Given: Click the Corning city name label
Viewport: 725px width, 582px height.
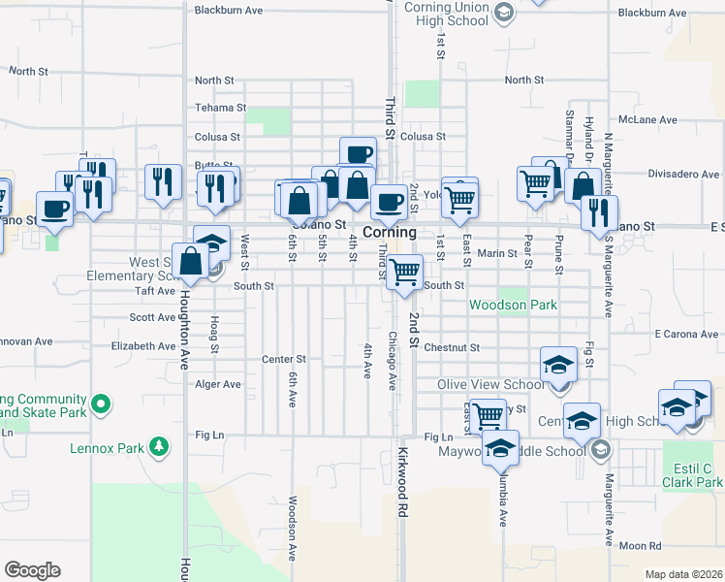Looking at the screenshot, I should pyautogui.click(x=390, y=233).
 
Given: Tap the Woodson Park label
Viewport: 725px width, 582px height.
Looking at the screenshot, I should pyautogui.click(x=513, y=305).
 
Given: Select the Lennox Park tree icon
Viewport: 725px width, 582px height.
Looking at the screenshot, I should pyautogui.click(x=158, y=447).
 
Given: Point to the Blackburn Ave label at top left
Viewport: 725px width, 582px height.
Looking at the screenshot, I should pyautogui.click(x=229, y=10).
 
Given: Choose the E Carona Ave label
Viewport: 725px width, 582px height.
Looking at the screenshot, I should pyautogui.click(x=685, y=334).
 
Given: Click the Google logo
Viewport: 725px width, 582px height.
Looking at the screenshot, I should pyautogui.click(x=32, y=570).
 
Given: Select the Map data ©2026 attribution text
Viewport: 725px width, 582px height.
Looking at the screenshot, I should pyautogui.click(x=683, y=574).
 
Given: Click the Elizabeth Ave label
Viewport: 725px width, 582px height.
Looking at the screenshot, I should pyautogui.click(x=143, y=345).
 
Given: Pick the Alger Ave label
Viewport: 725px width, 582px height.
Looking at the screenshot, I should pyautogui.click(x=218, y=384).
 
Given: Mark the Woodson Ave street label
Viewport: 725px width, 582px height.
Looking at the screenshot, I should pyautogui.click(x=293, y=529).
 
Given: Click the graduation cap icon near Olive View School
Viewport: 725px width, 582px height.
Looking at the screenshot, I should pyautogui.click(x=558, y=365).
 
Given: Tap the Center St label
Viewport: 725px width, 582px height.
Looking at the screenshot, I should pyautogui.click(x=284, y=359).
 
